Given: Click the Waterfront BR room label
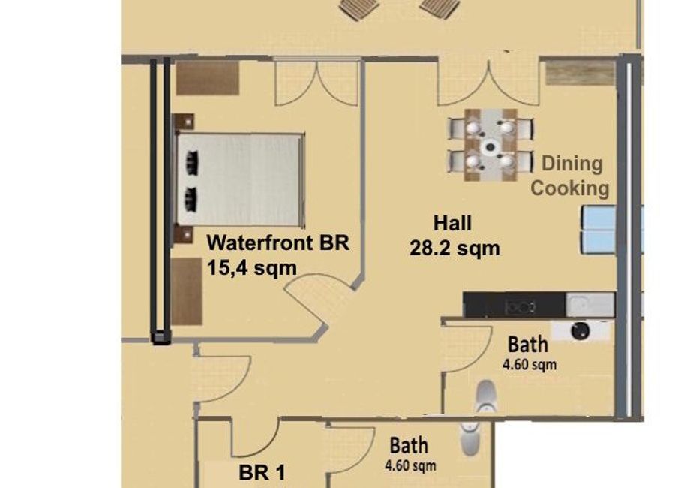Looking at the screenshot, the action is coord(278,242).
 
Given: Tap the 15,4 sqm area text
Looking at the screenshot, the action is coord(252,268).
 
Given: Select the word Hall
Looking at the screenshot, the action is coord(452,223).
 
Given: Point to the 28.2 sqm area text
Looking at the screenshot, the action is coord(454,249).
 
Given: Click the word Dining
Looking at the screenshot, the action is coord(571,164).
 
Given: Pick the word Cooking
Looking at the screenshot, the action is coord(569,189).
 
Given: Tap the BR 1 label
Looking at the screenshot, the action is coord(262,472).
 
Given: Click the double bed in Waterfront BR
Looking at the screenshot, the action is coord(239,179).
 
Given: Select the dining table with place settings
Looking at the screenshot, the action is coord(490,146).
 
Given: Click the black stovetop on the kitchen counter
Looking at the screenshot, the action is coord(521,307).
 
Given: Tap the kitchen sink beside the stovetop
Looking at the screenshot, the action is coord(589,304).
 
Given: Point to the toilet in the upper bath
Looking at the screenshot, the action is coord(486,396).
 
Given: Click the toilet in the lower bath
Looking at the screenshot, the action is coord(469,438).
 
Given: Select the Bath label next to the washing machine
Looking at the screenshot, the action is coord(528,345).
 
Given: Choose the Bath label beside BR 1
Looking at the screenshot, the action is coord(409,446).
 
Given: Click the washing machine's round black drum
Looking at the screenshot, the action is coord(580,330).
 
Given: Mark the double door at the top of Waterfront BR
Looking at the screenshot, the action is coord(316,83).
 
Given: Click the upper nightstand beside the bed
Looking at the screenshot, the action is coord(184,122).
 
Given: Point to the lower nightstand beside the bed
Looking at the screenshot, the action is coord(184,235).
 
